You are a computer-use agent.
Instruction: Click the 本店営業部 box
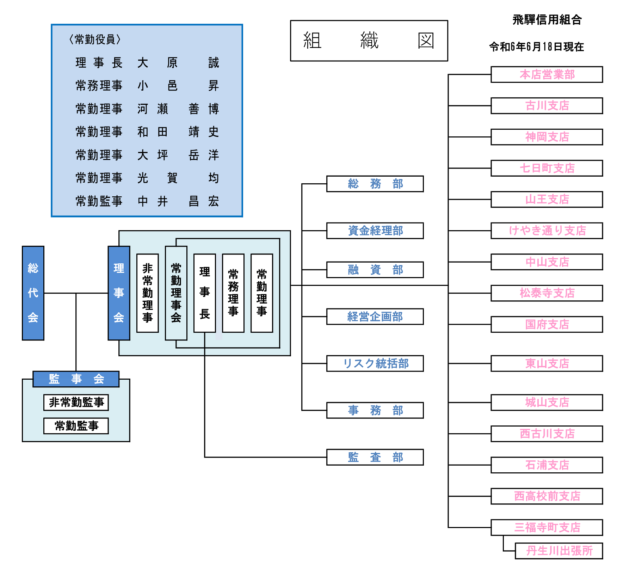pyautogui.click(x=546, y=74)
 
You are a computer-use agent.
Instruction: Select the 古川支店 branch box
pyautogui.click(x=546, y=106)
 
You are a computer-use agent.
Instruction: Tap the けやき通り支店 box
pyautogui.click(x=546, y=231)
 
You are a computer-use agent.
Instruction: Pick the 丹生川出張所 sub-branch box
pyautogui.click(x=559, y=551)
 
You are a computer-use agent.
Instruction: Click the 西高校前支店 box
pyautogui.click(x=546, y=496)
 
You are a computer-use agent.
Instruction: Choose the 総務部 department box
pyautogui.click(x=375, y=184)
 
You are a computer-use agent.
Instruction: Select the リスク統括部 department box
pyautogui.click(x=375, y=363)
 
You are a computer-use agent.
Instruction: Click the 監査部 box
pyautogui.click(x=375, y=457)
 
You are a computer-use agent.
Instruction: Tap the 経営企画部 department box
pyautogui.click(x=375, y=317)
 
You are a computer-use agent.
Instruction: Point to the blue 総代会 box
pyautogui.click(x=33, y=293)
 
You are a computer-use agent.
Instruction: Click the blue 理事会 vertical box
pyautogui.click(x=119, y=293)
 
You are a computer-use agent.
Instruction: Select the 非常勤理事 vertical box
pyautogui.click(x=147, y=293)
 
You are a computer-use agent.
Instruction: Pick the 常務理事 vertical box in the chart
pyautogui.click(x=233, y=293)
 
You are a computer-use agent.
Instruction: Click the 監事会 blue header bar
pyautogui.click(x=76, y=379)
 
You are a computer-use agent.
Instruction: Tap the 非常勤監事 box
pyautogui.click(x=76, y=402)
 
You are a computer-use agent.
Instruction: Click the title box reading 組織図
pyautogui.click(x=369, y=41)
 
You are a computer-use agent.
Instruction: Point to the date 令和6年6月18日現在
pyautogui.click(x=536, y=47)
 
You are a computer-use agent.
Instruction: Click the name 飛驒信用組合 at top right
pyautogui.click(x=547, y=20)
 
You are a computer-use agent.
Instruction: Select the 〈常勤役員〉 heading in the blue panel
pyautogui.click(x=95, y=39)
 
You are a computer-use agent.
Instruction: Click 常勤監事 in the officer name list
pyautogui.click(x=99, y=201)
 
